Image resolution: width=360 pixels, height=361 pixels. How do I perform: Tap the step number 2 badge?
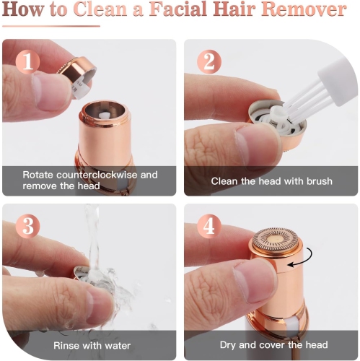(x=208, y=62)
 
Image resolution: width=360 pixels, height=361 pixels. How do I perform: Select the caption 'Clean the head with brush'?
(x=271, y=180)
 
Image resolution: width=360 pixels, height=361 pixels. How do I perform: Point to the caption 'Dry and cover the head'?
(x=271, y=344)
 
